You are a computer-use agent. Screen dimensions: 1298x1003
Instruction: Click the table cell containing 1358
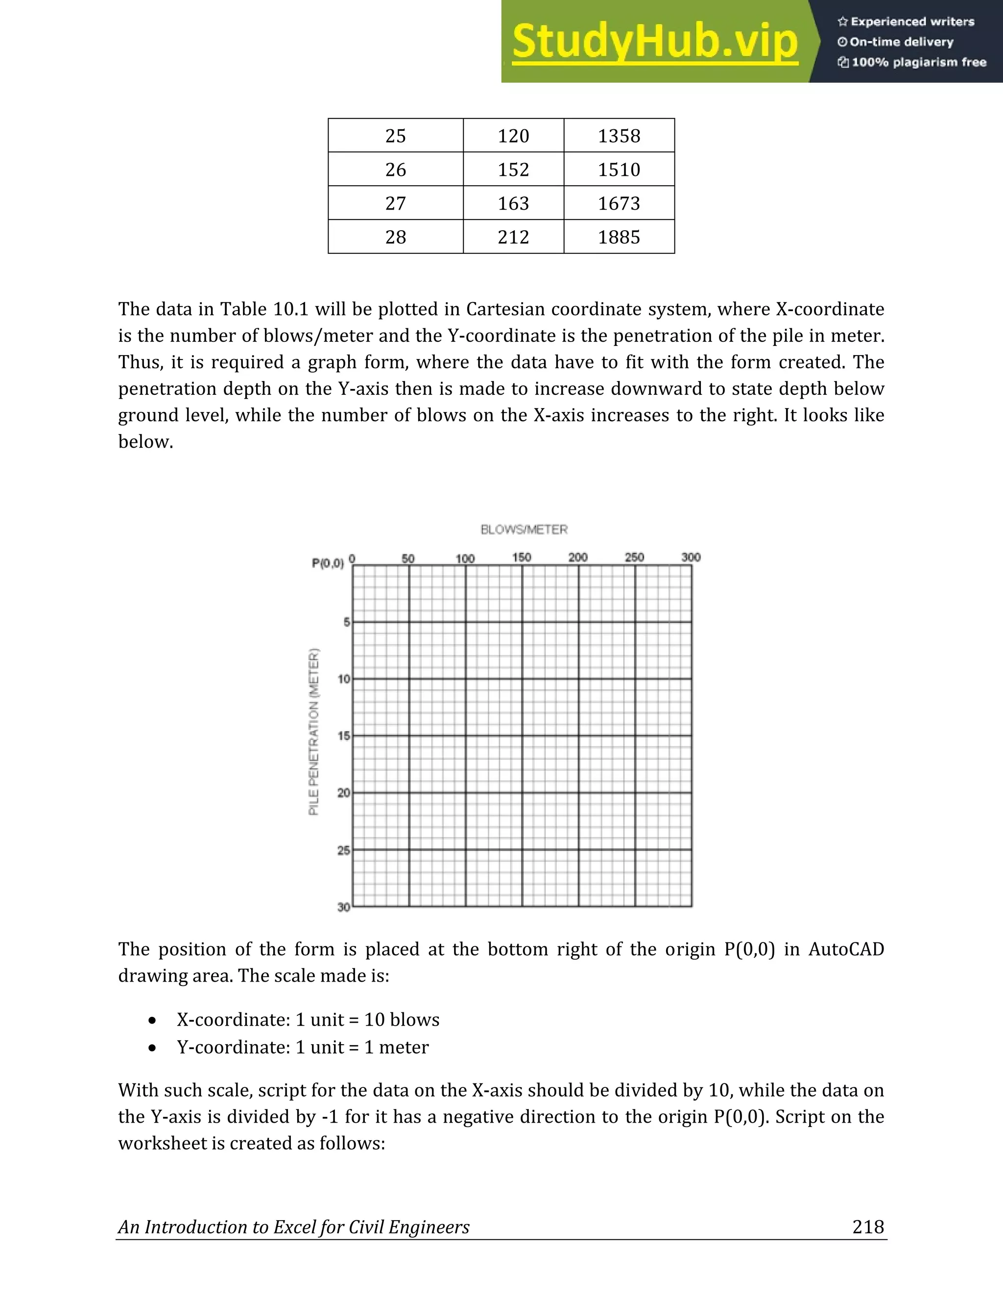(619, 136)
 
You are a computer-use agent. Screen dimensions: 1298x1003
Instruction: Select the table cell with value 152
(513, 170)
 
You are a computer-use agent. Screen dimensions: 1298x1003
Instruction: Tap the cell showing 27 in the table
(395, 204)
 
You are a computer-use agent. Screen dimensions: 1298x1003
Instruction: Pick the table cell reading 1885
(619, 237)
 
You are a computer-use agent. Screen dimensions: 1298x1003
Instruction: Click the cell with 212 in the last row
(513, 237)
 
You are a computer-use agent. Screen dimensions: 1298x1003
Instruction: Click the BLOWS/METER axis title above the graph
(524, 529)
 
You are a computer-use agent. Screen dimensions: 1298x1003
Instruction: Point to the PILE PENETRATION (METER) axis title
(314, 732)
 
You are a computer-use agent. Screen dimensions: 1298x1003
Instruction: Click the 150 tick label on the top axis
(521, 557)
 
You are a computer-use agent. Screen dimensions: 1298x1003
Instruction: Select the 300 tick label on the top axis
(691, 557)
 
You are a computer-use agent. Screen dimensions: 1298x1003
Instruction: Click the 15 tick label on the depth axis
(343, 736)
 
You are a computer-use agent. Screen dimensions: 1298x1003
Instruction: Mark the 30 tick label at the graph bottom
(343, 907)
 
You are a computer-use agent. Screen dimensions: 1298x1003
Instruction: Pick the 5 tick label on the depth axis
(346, 622)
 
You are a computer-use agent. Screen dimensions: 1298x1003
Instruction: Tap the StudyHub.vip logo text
(654, 42)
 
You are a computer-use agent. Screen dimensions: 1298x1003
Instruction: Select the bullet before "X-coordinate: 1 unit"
(153, 1020)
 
